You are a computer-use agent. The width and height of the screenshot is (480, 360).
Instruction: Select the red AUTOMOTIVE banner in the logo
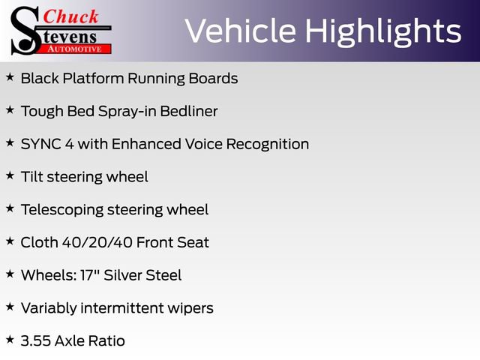[74, 49]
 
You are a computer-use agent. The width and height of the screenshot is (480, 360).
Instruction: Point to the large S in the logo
[25, 30]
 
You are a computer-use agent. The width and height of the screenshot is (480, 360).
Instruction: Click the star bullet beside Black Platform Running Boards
[10, 77]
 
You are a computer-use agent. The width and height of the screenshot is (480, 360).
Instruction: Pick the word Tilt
[32, 177]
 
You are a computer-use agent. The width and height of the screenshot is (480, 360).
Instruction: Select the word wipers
[189, 308]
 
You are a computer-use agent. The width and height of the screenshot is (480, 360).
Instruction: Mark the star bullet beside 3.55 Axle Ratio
[10, 340]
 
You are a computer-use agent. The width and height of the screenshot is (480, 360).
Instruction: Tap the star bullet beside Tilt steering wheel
[10, 175]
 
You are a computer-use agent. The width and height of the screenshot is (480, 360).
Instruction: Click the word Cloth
[37, 242]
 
